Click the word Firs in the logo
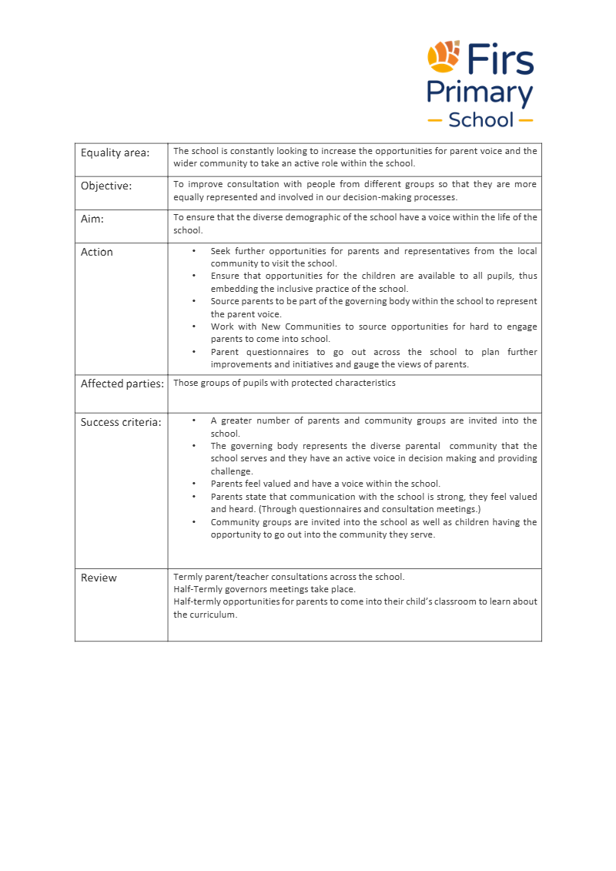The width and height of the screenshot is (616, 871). tap(500, 59)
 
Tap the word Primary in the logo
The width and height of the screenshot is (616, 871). tap(480, 94)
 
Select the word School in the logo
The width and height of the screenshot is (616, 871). tap(480, 120)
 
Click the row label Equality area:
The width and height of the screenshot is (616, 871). tap(115, 152)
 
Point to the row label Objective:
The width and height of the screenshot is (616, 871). tap(106, 186)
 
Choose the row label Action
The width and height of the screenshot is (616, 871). tap(97, 252)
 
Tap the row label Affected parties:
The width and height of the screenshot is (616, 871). tap(122, 384)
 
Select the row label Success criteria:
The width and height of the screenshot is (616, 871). tap(121, 422)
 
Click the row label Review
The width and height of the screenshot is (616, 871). tap(99, 578)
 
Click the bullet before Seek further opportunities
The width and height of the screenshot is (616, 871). tap(193, 251)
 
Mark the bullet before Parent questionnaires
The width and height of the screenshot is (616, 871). tap(193, 352)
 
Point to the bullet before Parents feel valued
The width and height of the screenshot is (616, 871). tap(193, 484)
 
